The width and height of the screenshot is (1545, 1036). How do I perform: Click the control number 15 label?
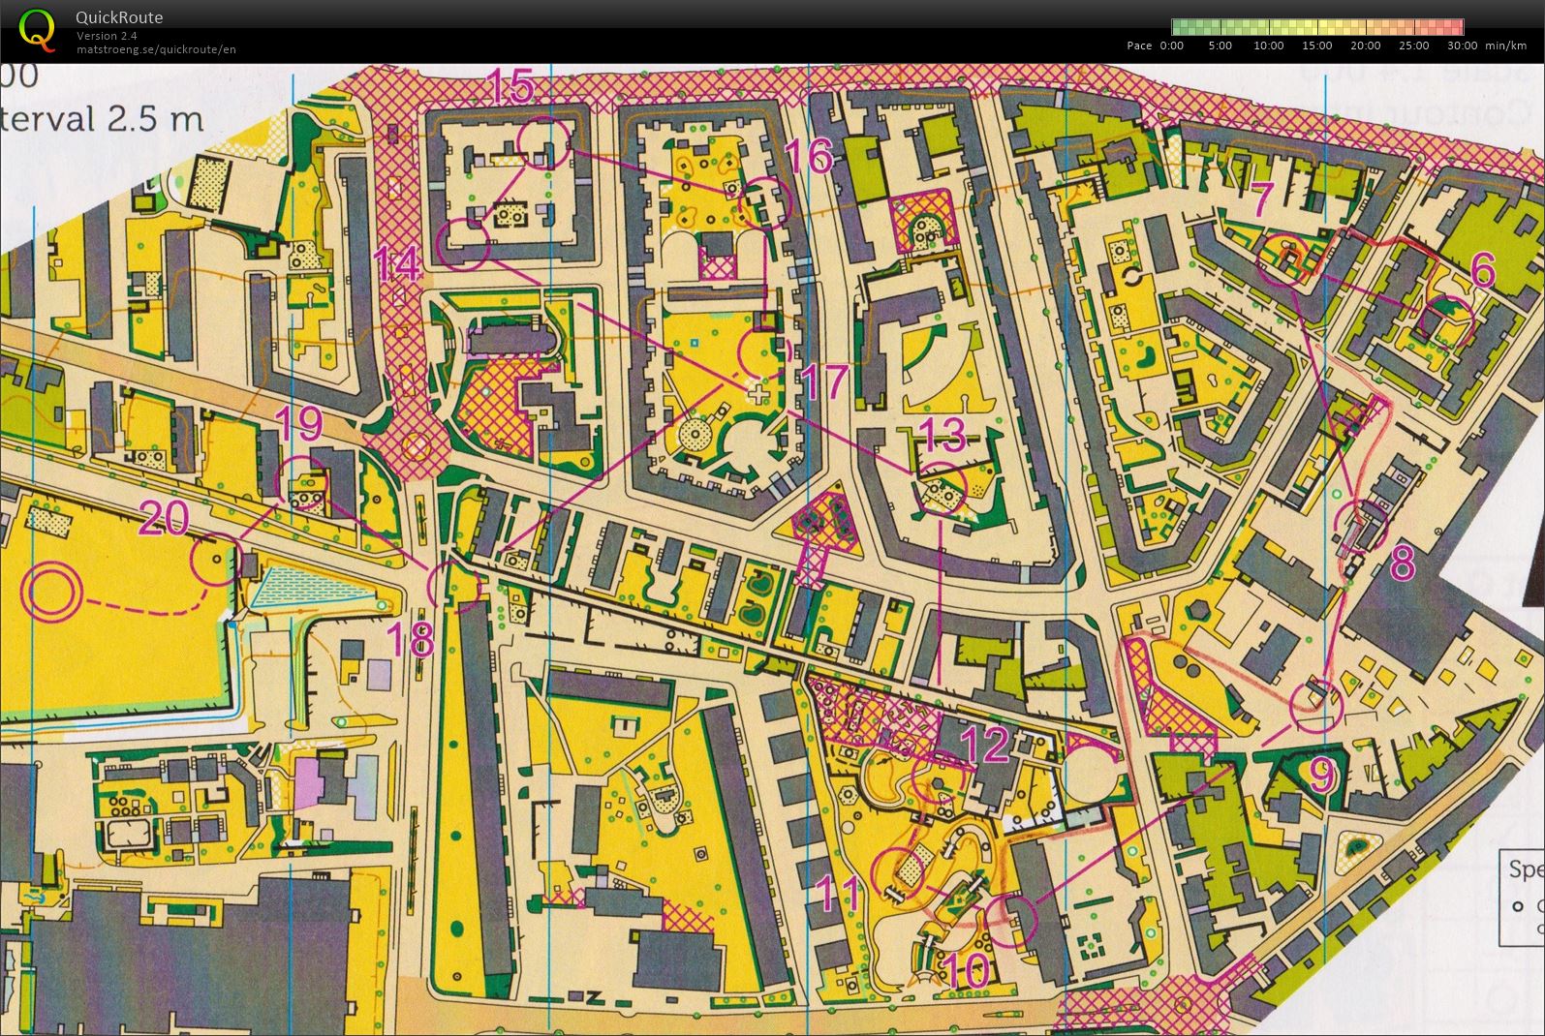click(510, 87)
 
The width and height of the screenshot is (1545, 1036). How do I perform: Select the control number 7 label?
click(1261, 200)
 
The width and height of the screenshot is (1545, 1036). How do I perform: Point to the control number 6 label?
click(1482, 271)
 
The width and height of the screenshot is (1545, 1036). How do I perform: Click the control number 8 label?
click(1402, 563)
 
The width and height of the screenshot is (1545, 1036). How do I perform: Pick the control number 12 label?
click(985, 744)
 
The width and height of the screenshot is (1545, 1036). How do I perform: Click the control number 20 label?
click(164, 519)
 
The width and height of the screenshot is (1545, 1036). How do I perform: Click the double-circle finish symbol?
click(47, 593)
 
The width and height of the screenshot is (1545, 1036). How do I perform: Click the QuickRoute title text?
click(119, 16)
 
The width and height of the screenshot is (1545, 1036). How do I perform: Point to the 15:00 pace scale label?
click(1316, 46)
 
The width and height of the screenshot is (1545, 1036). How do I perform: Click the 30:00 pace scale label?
click(1462, 46)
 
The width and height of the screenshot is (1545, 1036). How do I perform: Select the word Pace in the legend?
click(1139, 46)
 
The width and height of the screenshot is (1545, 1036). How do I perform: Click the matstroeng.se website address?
click(156, 49)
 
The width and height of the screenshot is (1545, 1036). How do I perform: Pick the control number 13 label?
click(942, 437)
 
